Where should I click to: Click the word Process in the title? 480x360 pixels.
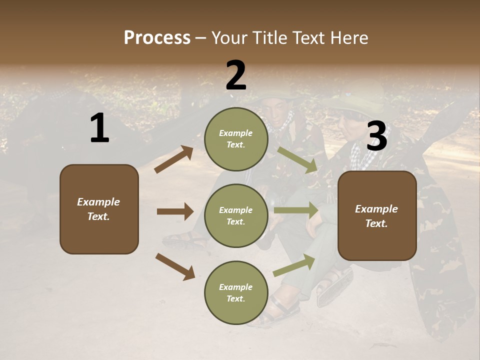157,38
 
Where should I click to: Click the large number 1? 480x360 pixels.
99,128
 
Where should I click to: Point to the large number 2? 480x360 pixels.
236,75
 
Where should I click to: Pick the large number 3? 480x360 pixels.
376,137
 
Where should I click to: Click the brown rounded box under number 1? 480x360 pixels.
99,209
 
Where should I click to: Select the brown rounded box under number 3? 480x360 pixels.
377,215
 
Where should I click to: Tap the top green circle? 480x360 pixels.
236,139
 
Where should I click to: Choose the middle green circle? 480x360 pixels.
236,215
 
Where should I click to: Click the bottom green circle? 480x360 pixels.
236,292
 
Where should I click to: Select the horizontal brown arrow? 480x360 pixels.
175,211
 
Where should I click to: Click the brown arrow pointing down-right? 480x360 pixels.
175,266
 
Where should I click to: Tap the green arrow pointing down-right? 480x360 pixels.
297,160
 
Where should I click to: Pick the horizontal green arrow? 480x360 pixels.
296,210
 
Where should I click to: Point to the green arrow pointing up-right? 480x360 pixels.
294,265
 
